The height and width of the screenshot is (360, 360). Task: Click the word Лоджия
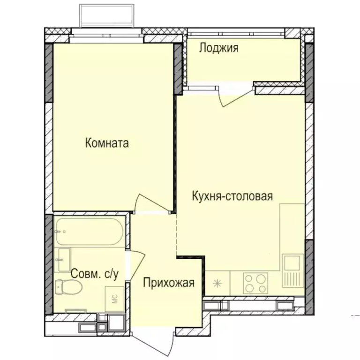click(x=218, y=48)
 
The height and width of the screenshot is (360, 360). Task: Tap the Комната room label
click(x=107, y=143)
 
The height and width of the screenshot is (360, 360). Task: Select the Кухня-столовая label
click(x=232, y=196)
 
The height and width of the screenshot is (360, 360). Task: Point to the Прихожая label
click(x=168, y=283)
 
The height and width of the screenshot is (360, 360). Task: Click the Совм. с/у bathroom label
click(x=94, y=274)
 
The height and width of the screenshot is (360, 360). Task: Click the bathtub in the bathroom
click(x=89, y=232)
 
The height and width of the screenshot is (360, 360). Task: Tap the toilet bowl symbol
click(x=68, y=285)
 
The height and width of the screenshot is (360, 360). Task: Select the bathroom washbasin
click(x=63, y=260)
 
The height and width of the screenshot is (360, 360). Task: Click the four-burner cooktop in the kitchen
click(x=255, y=282)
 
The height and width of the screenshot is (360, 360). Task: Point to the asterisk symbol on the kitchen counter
click(x=217, y=283)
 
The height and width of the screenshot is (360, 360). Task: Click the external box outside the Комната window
click(x=108, y=15)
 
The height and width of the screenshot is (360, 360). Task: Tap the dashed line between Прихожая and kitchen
click(x=177, y=234)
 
